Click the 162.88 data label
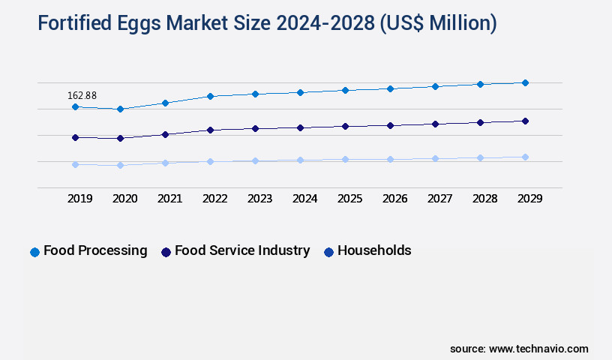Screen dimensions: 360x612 coord(82,95)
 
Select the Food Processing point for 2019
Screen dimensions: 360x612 coord(75,107)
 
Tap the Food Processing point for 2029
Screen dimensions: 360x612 coord(525,82)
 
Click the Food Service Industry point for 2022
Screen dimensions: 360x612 coord(210,130)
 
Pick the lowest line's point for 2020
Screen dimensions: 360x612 coord(120,165)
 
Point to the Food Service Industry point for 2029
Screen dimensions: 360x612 coord(525,121)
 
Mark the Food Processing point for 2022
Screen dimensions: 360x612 coord(210,96)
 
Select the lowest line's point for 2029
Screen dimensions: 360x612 coord(525,157)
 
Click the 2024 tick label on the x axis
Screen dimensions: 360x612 coord(304,199)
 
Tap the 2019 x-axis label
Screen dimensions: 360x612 coord(79,199)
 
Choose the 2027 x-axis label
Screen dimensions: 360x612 coord(439,199)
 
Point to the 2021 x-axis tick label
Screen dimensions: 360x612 coord(169,199)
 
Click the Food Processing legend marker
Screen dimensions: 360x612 coord(34,252)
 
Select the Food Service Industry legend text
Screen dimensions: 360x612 coord(241,250)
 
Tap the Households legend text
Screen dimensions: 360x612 coord(374,250)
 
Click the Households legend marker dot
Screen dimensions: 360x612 coord(328,252)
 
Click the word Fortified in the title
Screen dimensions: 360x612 coord(73,23)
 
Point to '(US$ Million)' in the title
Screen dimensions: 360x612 coord(438,23)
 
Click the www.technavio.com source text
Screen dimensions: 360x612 coord(538,349)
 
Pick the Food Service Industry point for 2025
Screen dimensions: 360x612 coord(345,126)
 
